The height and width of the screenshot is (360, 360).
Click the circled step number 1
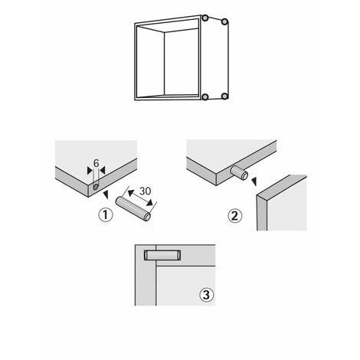106,215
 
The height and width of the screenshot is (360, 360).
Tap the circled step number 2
234,216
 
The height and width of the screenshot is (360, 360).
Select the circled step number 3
206,295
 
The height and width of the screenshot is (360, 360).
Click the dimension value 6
97,163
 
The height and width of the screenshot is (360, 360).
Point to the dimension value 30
146,191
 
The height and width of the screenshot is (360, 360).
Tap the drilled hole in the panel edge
96,187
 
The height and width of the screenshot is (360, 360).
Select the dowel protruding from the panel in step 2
239,172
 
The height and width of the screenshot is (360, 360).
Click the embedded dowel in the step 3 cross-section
162,255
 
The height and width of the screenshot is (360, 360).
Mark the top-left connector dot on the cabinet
205,18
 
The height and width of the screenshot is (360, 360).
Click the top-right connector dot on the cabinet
224,21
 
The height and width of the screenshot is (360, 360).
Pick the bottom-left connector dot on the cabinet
205,97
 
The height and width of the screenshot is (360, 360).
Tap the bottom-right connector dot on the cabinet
224,97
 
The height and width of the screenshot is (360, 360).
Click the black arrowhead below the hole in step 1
106,195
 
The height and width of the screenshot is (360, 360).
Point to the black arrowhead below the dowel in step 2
254,182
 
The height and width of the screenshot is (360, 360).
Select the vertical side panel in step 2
282,203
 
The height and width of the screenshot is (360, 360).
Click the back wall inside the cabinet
182,62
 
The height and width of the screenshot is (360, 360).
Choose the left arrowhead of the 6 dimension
90,171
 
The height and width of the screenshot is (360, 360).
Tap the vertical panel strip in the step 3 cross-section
146,275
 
